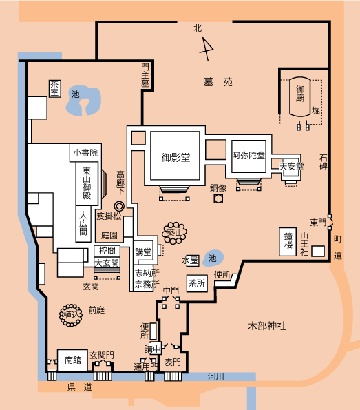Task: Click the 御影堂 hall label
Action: point(176,157)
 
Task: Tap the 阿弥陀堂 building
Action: point(248,156)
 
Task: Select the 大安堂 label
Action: point(292,166)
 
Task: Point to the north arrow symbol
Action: point(207,49)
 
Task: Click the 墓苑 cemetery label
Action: point(218,82)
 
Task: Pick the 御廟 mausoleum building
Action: point(299,96)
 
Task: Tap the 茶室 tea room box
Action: point(55,89)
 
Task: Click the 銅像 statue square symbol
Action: point(218,199)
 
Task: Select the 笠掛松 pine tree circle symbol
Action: point(119,206)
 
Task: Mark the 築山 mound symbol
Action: point(174,233)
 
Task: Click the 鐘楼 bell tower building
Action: point(288,242)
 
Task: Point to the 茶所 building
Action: point(197,283)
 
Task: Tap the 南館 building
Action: point(72,360)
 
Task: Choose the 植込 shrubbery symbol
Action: point(70,315)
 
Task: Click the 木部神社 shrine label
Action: point(267,326)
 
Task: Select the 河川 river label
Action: point(215,377)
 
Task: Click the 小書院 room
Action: point(85,153)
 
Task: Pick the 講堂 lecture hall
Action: point(143,252)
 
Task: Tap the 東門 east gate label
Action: point(318,223)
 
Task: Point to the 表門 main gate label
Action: point(173,362)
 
